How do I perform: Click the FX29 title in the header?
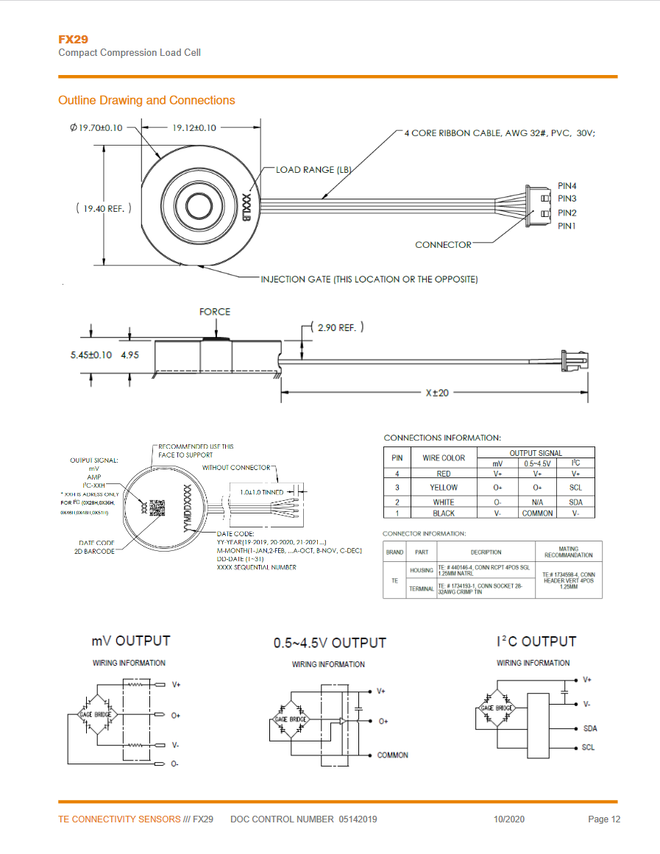[73, 39]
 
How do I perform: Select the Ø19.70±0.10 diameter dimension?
[96, 127]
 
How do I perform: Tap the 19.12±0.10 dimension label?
[194, 127]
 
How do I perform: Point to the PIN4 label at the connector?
[567, 186]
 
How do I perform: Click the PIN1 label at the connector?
[567, 226]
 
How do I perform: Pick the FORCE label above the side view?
[215, 312]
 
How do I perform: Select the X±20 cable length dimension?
[436, 393]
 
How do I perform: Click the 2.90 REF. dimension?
[336, 327]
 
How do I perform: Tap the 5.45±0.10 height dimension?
[86, 355]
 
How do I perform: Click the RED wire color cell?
[444, 474]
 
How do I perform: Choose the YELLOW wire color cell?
[444, 487]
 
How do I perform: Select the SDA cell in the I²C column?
[576, 502]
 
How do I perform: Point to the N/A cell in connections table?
[537, 502]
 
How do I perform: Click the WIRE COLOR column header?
[444, 458]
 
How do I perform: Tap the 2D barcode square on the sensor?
[157, 508]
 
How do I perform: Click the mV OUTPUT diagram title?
[131, 641]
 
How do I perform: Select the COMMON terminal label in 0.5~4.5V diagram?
[392, 755]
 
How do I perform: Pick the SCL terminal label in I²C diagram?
[588, 747]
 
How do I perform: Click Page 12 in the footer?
[604, 819]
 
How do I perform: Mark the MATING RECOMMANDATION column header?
[568, 552]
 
